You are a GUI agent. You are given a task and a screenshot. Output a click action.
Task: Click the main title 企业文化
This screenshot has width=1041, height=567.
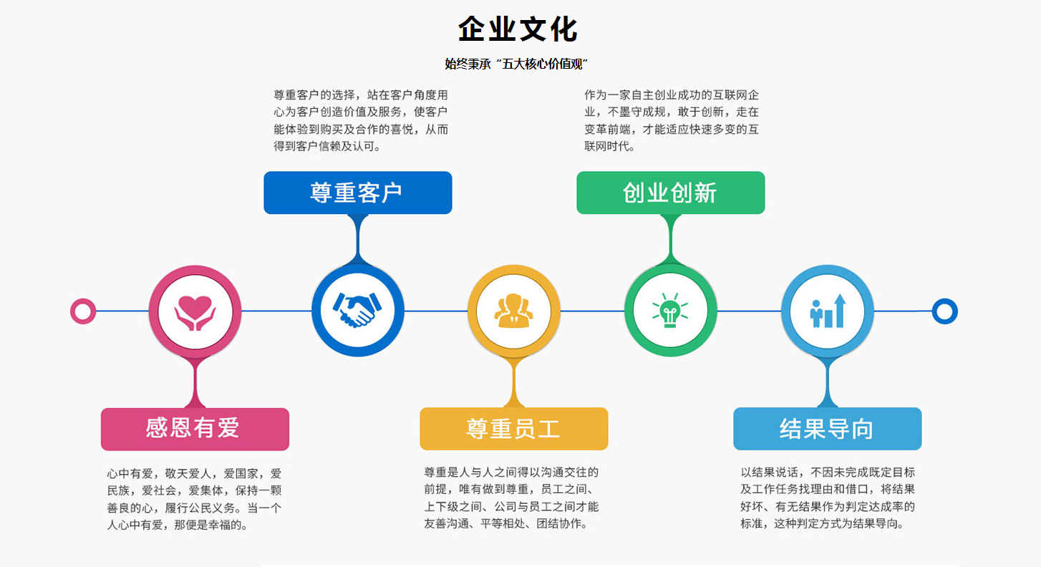pos(517,29)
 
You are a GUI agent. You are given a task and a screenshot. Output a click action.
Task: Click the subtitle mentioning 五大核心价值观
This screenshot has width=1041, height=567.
pos(516,64)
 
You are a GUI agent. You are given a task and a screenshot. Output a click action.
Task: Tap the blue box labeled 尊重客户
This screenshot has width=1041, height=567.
pos(358,193)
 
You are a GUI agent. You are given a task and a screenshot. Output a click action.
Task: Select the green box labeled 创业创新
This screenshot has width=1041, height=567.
pos(671,193)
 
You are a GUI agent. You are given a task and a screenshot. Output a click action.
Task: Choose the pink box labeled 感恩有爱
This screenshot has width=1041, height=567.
pos(195,429)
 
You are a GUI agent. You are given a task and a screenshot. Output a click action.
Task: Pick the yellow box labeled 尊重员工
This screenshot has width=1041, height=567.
pos(514,429)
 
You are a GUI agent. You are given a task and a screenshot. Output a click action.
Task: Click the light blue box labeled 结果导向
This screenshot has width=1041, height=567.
pos(828,429)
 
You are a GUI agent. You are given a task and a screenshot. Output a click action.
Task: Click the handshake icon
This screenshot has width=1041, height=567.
pos(357,310)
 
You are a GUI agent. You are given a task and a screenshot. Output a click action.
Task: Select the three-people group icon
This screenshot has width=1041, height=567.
pos(513,311)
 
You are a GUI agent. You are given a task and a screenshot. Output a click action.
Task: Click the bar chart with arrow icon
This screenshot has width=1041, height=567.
pos(828,311)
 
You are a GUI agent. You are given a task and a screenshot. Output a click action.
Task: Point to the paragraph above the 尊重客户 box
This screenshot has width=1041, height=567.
pos(361,120)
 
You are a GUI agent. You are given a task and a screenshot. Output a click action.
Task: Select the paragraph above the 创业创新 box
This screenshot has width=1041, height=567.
pos(672,120)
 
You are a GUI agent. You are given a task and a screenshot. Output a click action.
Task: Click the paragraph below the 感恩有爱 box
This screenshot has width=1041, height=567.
pos(194,499)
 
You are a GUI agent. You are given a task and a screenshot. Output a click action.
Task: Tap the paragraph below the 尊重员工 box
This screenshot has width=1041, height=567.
pos(511,498)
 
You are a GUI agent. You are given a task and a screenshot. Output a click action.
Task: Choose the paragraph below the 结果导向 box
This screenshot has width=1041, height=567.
pos(828,498)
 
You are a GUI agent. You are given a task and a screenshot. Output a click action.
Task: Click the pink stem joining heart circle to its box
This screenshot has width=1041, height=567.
pos(195,382)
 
